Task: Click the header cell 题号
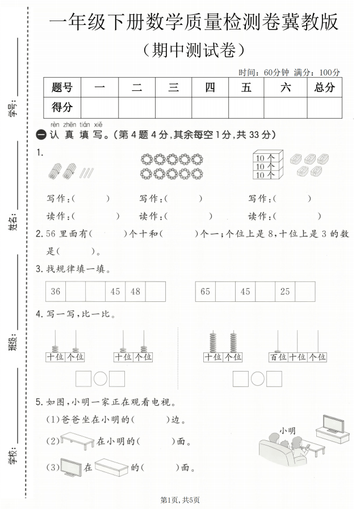[62, 87]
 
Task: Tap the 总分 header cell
[324, 87]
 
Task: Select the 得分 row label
[62, 107]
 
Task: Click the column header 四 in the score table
[210, 87]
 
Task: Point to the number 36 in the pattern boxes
[55, 292]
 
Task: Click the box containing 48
[135, 292]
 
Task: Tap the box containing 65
[205, 292]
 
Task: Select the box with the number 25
[285, 292]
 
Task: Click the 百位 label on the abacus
[279, 357]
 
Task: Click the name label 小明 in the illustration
[287, 431]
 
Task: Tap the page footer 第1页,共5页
[180, 500]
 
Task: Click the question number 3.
[39, 269]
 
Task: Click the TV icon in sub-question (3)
[70, 467]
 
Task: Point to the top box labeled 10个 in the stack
[265, 158]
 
